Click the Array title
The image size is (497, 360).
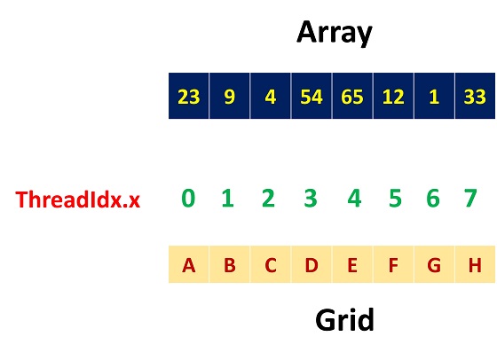click(335, 33)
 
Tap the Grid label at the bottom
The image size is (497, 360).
click(345, 320)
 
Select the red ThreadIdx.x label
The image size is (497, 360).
click(78, 200)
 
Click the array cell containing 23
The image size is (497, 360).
click(188, 96)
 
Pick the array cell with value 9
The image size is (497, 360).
click(230, 96)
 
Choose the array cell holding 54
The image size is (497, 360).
click(312, 96)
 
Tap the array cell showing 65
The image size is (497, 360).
click(352, 96)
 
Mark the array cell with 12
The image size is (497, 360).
click(393, 96)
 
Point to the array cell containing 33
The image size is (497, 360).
click(475, 96)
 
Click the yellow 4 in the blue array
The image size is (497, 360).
click(271, 97)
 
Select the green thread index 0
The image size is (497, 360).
click(188, 199)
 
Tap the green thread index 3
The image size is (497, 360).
click(311, 199)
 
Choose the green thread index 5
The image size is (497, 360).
click(395, 199)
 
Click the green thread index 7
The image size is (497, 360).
click(470, 199)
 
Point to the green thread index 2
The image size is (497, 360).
click(268, 199)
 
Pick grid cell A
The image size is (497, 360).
click(188, 264)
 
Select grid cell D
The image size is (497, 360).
click(312, 264)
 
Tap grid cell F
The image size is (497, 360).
click(393, 264)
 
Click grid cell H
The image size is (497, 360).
click(475, 264)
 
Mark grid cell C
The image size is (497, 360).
click(271, 264)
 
